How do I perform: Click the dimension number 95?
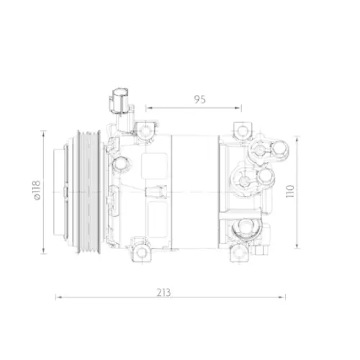pos(199,100)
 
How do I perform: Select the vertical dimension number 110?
pos(289,192)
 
